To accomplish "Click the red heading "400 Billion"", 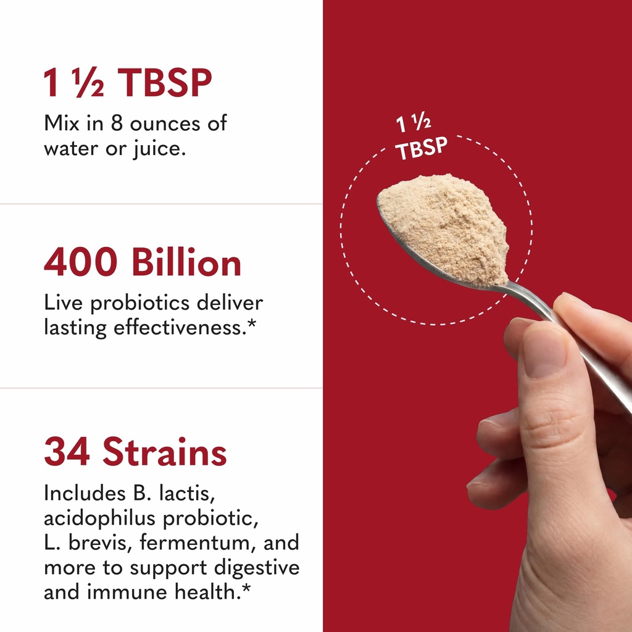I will pyautogui.click(x=142, y=264).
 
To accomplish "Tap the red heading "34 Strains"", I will pyautogui.click(x=135, y=452).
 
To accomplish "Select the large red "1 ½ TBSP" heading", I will pyautogui.click(x=127, y=83).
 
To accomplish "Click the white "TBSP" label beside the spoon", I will pyautogui.click(x=422, y=149).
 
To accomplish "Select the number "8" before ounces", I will pyautogui.click(x=118, y=123).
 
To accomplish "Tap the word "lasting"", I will pyautogui.click(x=75, y=328).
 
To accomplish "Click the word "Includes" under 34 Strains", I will pyautogui.click(x=85, y=494).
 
